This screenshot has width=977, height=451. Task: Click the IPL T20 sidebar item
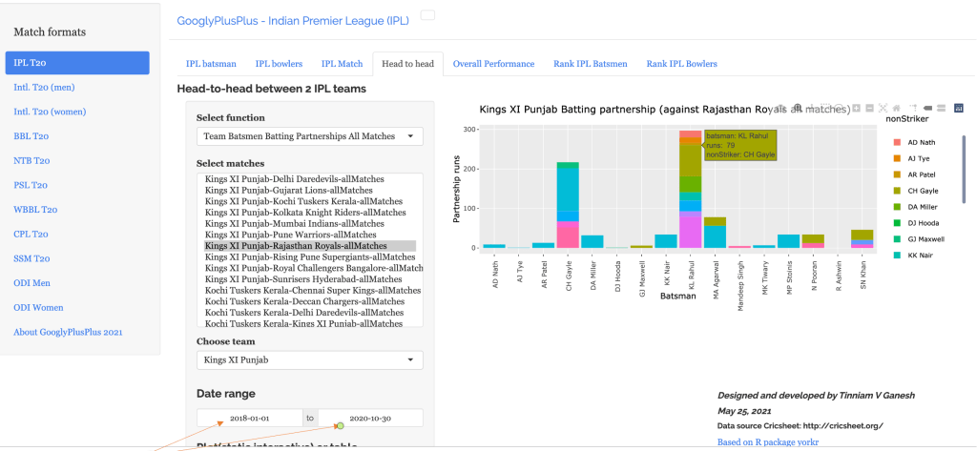76,63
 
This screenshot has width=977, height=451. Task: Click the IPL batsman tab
210,64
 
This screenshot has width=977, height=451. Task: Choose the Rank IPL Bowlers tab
681,64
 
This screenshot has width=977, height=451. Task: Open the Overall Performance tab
493,64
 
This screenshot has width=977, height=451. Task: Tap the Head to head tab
407,64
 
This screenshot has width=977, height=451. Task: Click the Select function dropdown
309,136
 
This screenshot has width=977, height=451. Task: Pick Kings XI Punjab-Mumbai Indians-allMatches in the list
294,223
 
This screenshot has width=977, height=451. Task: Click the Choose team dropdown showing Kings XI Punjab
309,360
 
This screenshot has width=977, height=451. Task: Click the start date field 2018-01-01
249,419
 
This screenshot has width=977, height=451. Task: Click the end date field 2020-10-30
368,419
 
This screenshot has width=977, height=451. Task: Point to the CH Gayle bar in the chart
568,205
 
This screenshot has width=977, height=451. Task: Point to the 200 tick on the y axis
468,170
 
